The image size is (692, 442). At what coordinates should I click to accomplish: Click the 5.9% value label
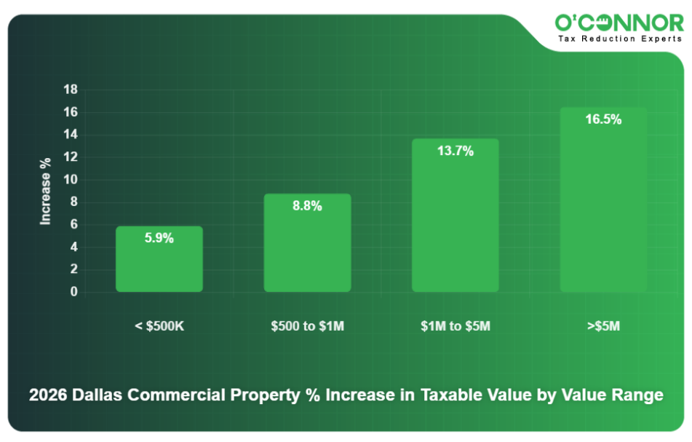click(159, 237)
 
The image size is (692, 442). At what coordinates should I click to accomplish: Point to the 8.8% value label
click(307, 205)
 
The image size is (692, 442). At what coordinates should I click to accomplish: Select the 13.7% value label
click(456, 151)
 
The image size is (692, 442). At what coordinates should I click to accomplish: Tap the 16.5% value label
click(603, 119)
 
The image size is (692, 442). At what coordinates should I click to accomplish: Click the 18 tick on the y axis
click(71, 90)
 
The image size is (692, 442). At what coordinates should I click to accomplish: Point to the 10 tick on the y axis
click(71, 180)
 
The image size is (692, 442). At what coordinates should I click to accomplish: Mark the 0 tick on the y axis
click(73, 292)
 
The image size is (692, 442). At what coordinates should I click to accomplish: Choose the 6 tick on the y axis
click(73, 225)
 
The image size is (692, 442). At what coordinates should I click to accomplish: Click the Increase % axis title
click(45, 190)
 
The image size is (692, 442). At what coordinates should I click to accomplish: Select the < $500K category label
click(159, 326)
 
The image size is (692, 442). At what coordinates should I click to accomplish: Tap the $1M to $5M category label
click(456, 326)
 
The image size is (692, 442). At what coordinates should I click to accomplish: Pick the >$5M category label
click(603, 326)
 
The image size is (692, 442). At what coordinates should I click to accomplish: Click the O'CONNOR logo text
click(619, 23)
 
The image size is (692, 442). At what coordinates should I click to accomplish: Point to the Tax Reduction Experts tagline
click(619, 39)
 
